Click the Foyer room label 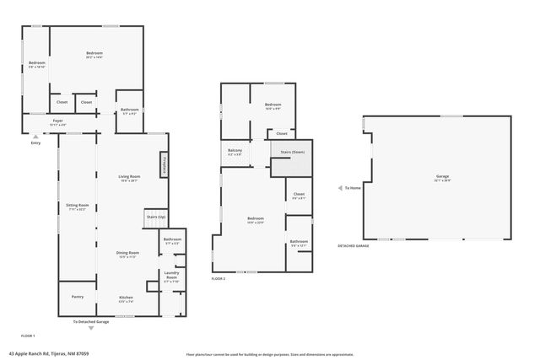click(x=57, y=121)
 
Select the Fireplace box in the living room click(x=163, y=164)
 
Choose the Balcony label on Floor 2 click(x=235, y=152)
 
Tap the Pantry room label click(x=78, y=297)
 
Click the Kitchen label click(x=126, y=298)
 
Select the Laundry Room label click(x=171, y=275)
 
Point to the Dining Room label click(x=127, y=254)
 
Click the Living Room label click(x=129, y=177)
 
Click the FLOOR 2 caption click(x=218, y=278)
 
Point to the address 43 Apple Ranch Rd click(x=49, y=354)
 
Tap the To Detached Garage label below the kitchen click(x=91, y=322)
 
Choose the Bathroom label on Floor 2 click(x=299, y=242)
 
